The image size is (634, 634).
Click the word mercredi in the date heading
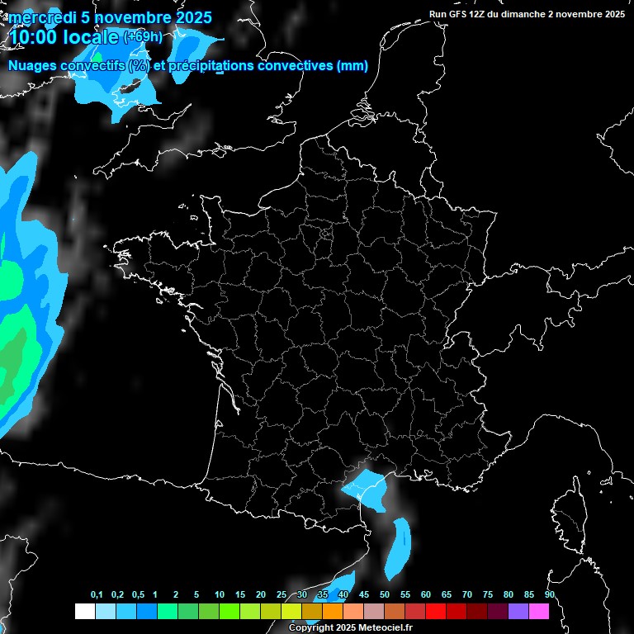click(x=38, y=17)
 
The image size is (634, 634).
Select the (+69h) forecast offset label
click(x=143, y=37)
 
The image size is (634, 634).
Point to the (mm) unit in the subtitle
click(x=352, y=66)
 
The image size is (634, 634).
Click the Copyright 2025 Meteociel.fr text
click(x=350, y=627)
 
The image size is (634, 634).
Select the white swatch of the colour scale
click(x=84, y=611)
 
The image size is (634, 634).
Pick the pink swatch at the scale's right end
click(x=539, y=611)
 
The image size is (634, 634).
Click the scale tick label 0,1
click(x=97, y=595)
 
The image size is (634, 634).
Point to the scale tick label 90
click(x=549, y=595)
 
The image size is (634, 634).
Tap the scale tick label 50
click(x=385, y=595)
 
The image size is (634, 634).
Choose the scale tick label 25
click(x=282, y=595)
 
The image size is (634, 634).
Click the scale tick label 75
click(x=488, y=595)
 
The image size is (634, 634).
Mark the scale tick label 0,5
click(x=138, y=595)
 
